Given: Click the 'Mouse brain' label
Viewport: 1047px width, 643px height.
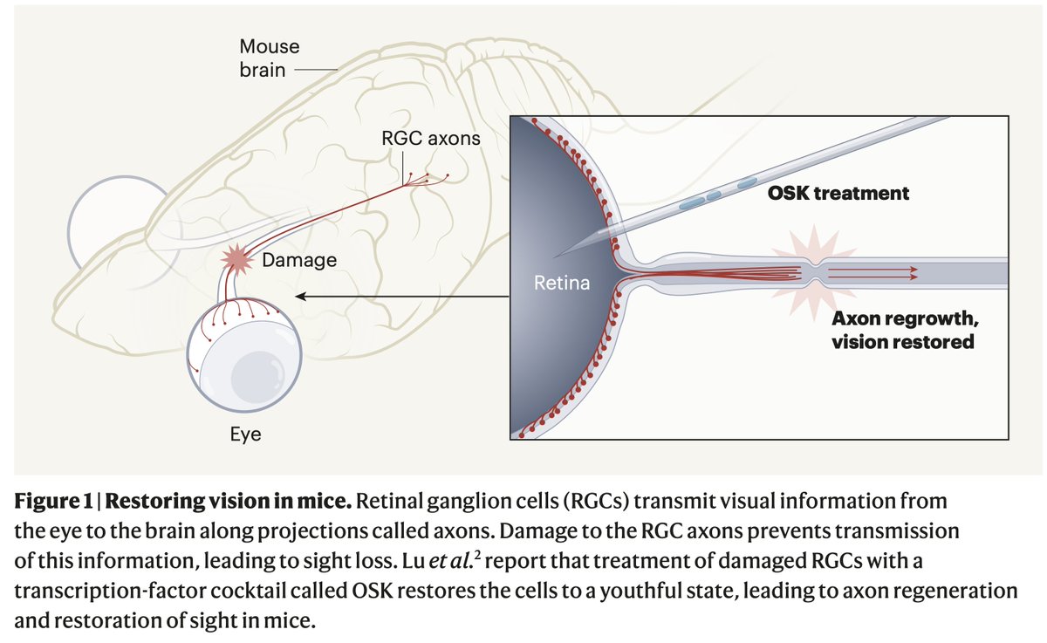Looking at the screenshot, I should (269, 58).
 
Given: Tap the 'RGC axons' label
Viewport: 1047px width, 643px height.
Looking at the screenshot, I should (430, 138).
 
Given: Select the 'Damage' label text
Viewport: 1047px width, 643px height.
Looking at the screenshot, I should (299, 260).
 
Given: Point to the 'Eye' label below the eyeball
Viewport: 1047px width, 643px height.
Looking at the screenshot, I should (245, 434).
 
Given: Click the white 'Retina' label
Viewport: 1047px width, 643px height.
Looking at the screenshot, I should (562, 283).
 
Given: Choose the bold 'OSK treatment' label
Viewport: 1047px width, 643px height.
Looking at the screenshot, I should (838, 193).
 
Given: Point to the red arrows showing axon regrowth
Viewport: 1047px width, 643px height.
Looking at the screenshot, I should (872, 273).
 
